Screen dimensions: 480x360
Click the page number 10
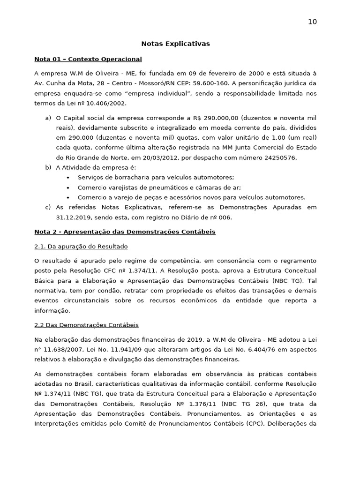click(312, 22)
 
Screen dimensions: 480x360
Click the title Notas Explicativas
click(176, 44)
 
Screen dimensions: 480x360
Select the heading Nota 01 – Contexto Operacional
click(88, 59)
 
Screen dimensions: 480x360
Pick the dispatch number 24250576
click(279, 157)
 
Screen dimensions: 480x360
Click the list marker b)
click(48, 167)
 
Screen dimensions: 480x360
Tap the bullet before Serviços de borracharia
click(68, 178)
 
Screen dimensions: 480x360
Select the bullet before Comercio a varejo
click(68, 197)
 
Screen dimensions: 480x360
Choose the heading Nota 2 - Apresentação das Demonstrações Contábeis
click(125, 232)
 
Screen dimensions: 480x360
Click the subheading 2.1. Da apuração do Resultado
click(81, 246)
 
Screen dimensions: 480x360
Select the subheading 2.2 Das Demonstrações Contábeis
click(86, 325)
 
